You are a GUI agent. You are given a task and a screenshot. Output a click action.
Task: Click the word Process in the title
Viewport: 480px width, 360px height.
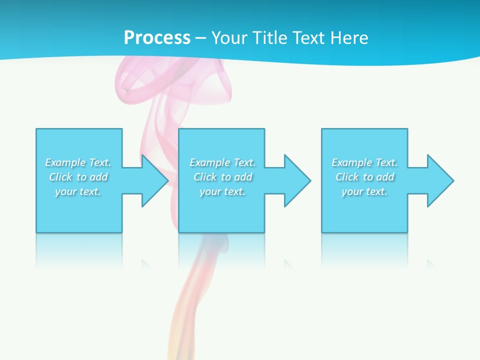point(157,38)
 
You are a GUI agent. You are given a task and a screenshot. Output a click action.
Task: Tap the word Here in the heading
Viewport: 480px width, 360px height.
point(349,38)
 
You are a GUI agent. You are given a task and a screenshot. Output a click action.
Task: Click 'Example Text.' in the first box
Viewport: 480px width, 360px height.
point(78,162)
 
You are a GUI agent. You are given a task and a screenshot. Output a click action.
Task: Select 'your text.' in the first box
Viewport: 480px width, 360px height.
point(78,191)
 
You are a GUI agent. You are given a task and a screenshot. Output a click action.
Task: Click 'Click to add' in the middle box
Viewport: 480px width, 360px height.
point(222,177)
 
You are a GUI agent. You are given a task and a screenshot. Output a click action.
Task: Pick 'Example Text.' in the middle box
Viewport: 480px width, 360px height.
point(222,162)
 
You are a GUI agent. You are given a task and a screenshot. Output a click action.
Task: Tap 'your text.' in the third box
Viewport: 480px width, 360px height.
point(364,191)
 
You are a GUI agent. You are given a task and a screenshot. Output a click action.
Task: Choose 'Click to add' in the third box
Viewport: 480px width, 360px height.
point(364,177)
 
